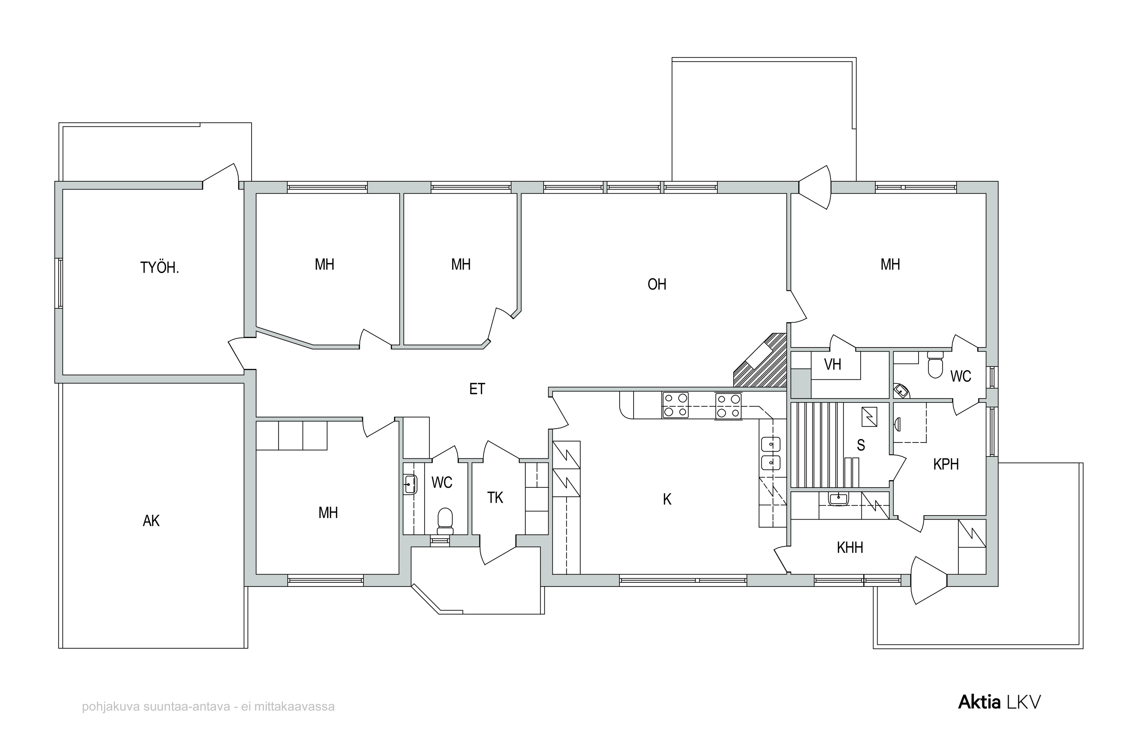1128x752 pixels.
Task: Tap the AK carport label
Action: [151, 521]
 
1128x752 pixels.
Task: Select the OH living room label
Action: [656, 284]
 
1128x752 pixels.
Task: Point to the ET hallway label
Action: [477, 389]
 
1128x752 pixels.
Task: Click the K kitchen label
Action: [667, 500]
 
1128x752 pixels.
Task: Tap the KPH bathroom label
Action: [946, 464]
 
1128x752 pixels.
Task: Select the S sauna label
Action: [861, 446]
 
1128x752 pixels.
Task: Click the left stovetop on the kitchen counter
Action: [675, 405]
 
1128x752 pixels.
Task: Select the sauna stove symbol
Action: [869, 417]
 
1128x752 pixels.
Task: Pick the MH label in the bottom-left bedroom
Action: [328, 513]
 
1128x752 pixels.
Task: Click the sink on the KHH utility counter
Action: [838, 499]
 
